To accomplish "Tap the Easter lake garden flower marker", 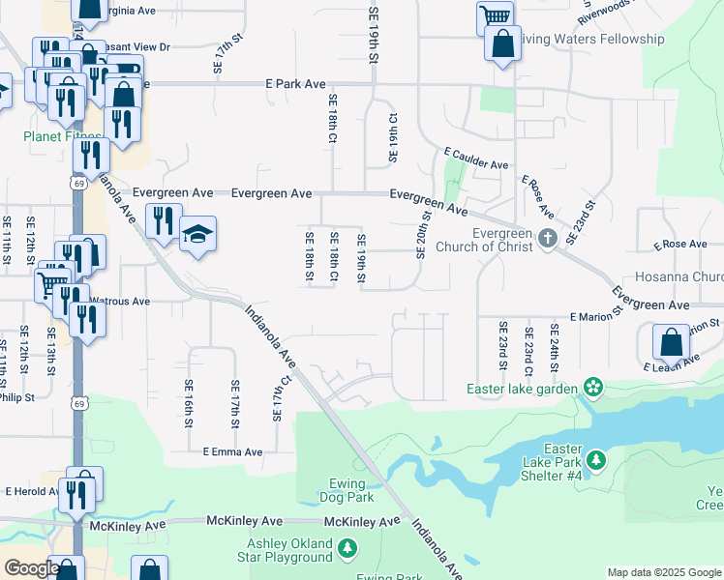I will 592,390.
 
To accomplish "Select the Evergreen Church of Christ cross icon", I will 548,238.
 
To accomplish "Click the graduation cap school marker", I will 197,235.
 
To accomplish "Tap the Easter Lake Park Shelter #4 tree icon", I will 596,458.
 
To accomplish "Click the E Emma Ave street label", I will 232,451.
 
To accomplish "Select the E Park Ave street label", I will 295,85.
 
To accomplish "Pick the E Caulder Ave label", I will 476,159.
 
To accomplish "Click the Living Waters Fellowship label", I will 591,40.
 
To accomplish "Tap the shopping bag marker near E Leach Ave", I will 670,342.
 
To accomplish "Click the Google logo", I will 32,568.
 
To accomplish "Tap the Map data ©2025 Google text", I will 664,572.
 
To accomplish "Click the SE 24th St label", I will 555,345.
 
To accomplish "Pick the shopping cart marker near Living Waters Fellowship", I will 495,16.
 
